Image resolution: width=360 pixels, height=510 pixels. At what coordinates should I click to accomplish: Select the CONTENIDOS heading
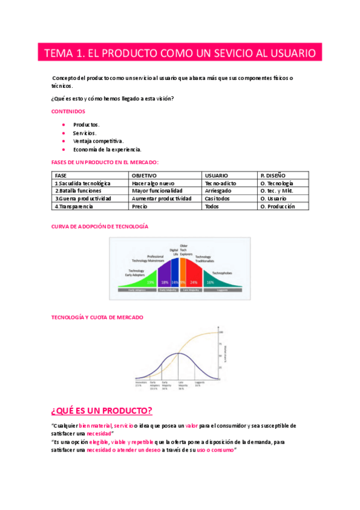coord(69,111)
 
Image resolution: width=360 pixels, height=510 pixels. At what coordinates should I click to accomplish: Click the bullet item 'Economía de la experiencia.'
coord(107,149)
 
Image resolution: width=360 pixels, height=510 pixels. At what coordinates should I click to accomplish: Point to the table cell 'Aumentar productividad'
coord(162,198)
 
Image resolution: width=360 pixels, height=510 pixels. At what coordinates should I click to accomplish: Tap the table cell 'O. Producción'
coord(278,206)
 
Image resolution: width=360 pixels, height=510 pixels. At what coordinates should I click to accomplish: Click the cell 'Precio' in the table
coord(139,206)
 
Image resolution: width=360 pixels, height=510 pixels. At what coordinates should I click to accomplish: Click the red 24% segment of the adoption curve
coord(194,281)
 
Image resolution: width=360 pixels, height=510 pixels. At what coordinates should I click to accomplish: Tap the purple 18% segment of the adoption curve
coord(164,281)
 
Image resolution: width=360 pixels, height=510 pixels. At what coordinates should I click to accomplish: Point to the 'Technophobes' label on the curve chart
coord(223,272)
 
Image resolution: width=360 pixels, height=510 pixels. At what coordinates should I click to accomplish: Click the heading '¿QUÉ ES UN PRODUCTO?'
coord(102,411)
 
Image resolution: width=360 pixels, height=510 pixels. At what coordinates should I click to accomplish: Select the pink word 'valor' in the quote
coord(192,426)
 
